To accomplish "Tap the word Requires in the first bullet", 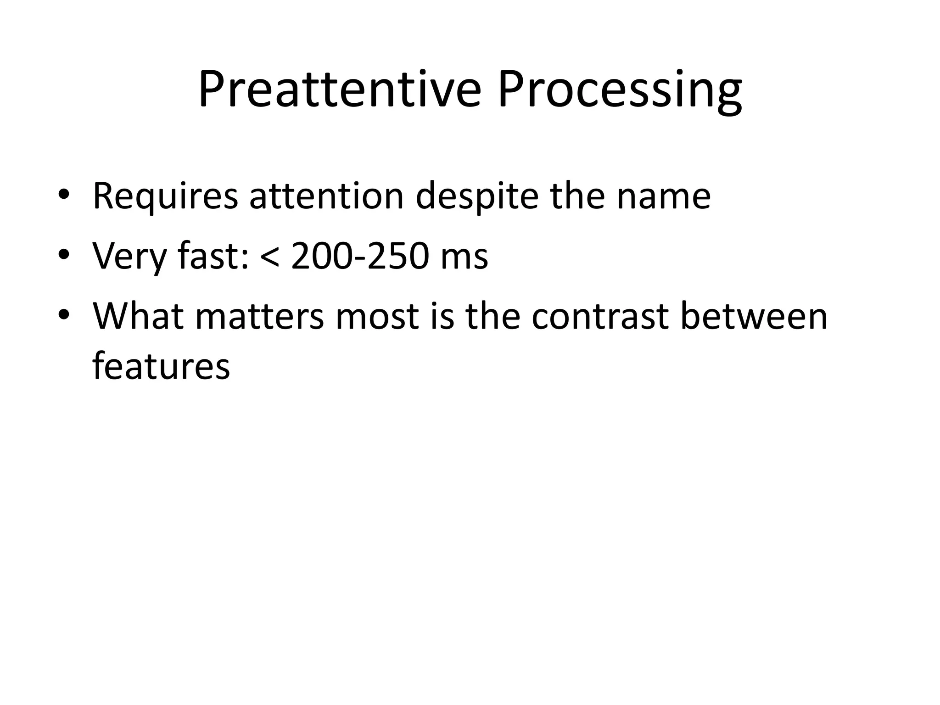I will tap(165, 196).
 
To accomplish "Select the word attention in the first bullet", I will tap(326, 196).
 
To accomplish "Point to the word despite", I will tap(477, 196).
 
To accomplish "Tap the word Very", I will tap(129, 256).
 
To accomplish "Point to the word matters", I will tap(260, 316).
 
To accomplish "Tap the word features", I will tap(161, 366).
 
